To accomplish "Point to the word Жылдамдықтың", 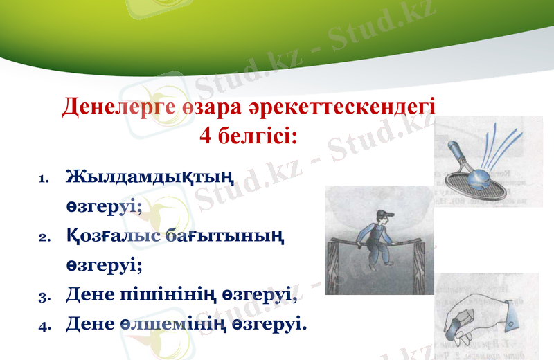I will (149, 177).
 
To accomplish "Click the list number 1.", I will (42, 179).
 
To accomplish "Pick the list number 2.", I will (42, 237).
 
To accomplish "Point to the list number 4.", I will (42, 324).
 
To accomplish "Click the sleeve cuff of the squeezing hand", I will (512, 315).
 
